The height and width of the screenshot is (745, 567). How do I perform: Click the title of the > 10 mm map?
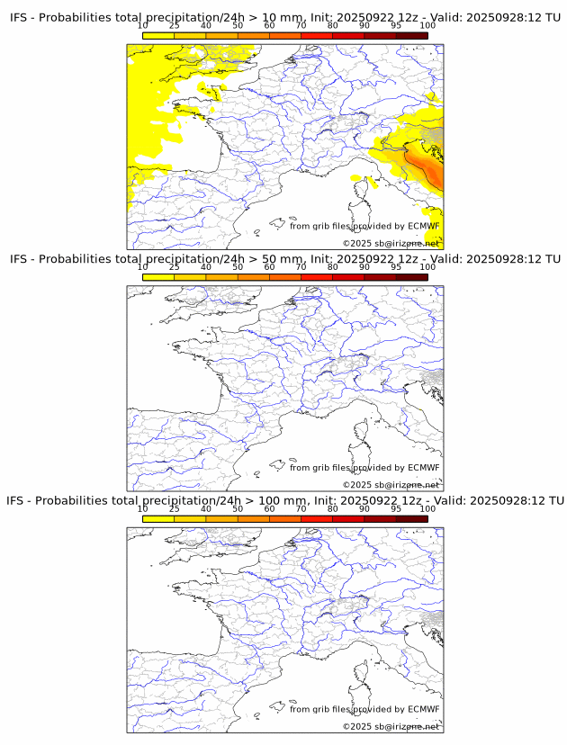tap(284, 16)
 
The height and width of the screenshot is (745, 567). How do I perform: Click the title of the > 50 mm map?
tap(284, 258)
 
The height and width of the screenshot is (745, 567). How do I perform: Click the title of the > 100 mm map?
tap(284, 500)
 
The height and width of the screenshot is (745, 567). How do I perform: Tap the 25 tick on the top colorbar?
tap(175, 26)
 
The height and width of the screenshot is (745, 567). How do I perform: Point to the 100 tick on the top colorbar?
tap(427, 26)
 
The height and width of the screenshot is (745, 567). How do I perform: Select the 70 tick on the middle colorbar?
tap(301, 268)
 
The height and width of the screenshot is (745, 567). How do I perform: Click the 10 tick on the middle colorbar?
tap(143, 268)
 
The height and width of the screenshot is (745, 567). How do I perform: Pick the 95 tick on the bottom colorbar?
tap(396, 509)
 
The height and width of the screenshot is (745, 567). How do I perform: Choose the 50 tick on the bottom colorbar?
tap(238, 509)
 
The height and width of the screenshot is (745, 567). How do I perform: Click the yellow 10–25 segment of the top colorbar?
tap(158, 36)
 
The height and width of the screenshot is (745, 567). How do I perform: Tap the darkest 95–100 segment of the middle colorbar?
tap(411, 277)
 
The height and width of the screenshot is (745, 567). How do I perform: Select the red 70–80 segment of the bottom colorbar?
tap(316, 519)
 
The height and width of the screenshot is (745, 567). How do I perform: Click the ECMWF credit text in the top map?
tap(364, 226)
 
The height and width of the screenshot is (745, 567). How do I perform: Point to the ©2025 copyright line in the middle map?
tap(391, 485)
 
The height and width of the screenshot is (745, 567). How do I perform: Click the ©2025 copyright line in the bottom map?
tap(391, 726)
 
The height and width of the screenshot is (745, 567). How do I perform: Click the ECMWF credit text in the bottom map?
tap(364, 709)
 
